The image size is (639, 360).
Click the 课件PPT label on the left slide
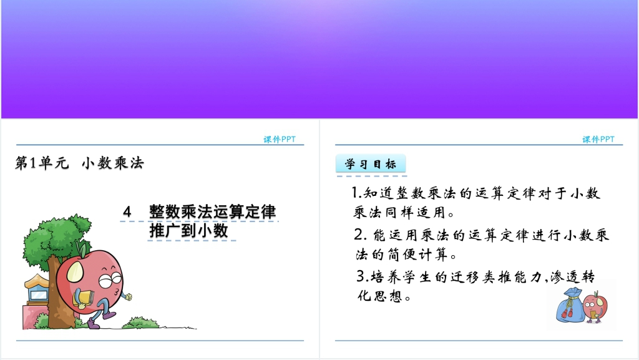(279, 139)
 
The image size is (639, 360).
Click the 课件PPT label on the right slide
(598, 139)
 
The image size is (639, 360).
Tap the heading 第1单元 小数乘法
(79, 163)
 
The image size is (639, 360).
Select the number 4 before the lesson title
(127, 212)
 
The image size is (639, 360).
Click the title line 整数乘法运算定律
(212, 212)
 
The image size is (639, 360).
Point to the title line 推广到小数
(188, 230)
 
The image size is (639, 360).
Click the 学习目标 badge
(371, 164)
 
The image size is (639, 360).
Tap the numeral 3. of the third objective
(363, 276)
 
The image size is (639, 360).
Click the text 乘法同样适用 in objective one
(399, 212)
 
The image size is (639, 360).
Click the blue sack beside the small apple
(570, 306)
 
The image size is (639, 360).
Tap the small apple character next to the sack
(595, 307)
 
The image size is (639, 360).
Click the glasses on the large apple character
(110, 280)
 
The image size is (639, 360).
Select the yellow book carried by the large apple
(84, 299)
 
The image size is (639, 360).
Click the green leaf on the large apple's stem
(82, 248)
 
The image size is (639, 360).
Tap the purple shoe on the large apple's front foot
(94, 323)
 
